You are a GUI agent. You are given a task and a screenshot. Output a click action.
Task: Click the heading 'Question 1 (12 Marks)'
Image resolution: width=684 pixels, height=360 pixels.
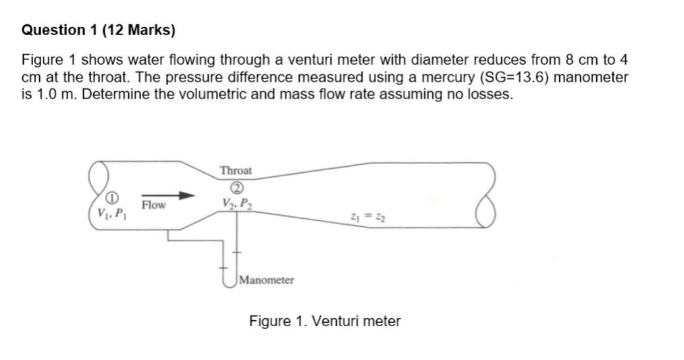(98, 30)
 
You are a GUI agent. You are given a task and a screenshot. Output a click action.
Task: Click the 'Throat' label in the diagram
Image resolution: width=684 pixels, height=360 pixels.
(236, 171)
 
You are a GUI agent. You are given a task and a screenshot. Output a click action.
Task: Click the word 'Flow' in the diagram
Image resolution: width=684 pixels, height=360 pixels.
(154, 205)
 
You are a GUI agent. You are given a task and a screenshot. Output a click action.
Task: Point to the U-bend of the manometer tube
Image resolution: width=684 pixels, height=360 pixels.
(230, 280)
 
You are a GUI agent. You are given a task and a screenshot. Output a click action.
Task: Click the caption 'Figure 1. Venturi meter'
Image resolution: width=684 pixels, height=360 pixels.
(325, 322)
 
